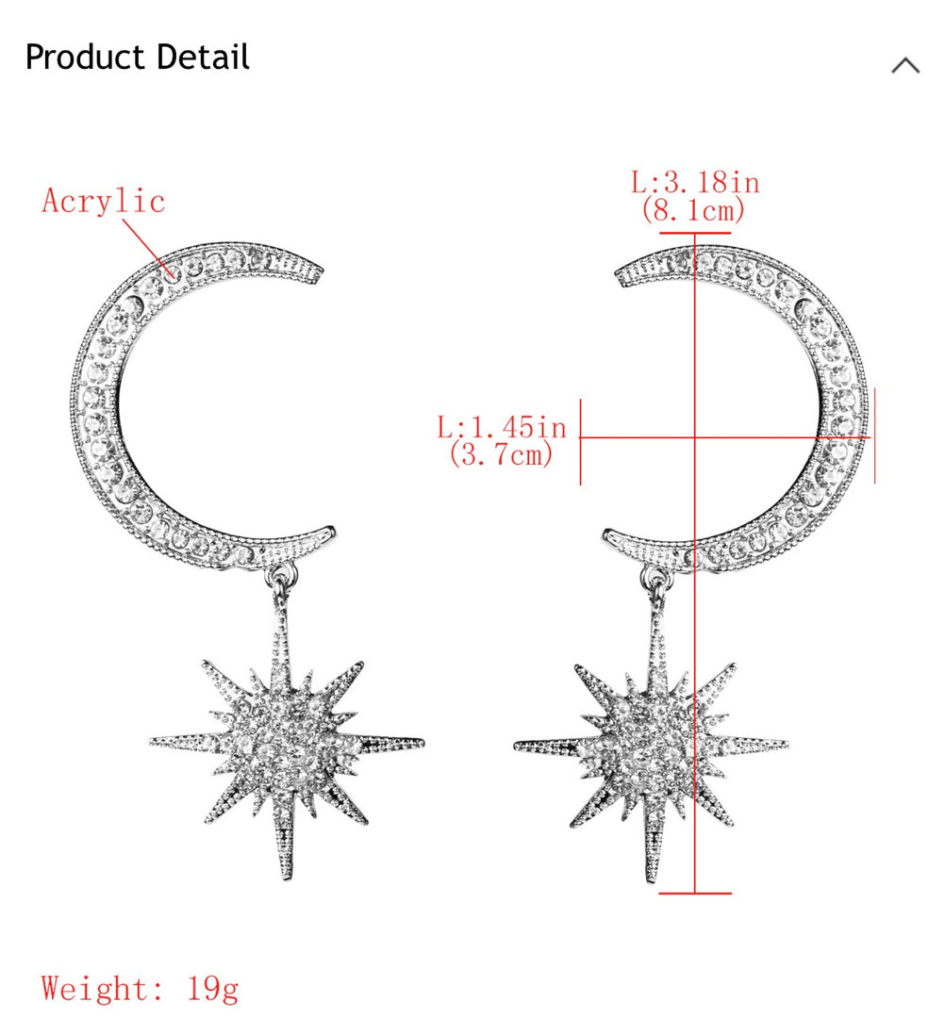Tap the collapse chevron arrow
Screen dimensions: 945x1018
905,66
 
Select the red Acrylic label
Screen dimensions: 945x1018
103,202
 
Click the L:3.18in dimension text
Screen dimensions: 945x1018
696,182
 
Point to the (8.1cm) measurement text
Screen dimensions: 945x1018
693,210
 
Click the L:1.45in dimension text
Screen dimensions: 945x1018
502,427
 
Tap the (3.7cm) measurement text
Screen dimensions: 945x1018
502,453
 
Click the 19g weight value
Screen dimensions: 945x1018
213,990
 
